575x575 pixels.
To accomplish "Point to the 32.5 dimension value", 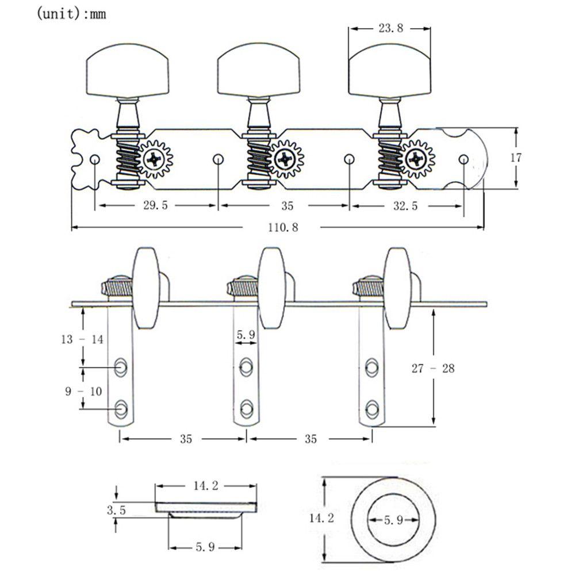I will tap(407, 205).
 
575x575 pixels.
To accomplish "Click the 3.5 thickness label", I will tap(116, 509).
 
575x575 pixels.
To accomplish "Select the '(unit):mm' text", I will tap(72, 14).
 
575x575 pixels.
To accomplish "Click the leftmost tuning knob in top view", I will tap(128, 76).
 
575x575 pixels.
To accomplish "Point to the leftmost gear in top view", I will tap(155, 158).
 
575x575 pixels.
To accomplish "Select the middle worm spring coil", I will tap(258, 159).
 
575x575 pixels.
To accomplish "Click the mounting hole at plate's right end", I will tap(463, 158).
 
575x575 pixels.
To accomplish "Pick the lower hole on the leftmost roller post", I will tap(121, 408).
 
